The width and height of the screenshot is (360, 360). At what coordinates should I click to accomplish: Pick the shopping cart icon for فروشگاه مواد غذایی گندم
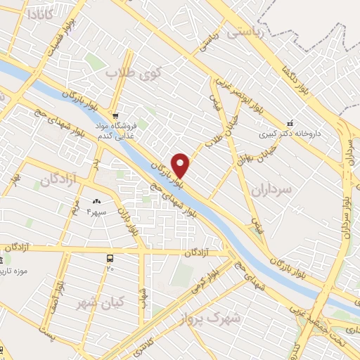tap(115, 115)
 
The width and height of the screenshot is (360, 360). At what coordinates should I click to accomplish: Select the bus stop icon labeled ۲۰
tap(110, 259)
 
